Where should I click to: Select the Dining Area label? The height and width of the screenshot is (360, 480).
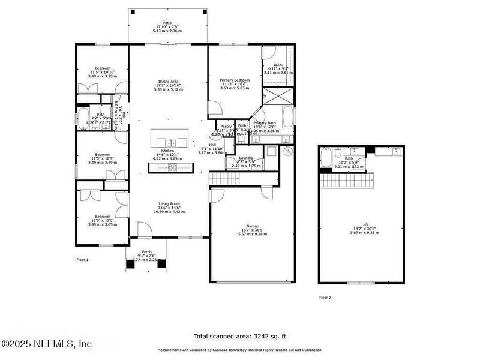[167, 81]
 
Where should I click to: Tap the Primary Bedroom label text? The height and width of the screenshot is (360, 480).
[234, 80]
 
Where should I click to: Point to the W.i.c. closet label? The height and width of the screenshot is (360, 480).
[278, 65]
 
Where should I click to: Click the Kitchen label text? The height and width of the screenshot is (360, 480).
[167, 151]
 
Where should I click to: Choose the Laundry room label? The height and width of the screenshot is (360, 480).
[247, 158]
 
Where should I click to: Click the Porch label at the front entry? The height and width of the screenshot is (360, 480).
[146, 252]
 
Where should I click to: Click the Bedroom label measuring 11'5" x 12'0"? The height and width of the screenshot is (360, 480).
[102, 216]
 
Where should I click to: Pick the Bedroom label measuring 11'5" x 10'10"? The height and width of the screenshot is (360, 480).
[102, 68]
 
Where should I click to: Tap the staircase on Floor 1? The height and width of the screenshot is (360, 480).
[242, 178]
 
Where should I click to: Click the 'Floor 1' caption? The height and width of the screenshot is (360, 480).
[82, 260]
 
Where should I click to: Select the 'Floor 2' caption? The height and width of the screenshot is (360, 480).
[325, 297]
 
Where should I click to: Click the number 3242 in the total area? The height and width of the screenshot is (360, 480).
[256, 336]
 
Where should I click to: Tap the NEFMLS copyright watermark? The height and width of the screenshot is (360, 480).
[46, 344]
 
